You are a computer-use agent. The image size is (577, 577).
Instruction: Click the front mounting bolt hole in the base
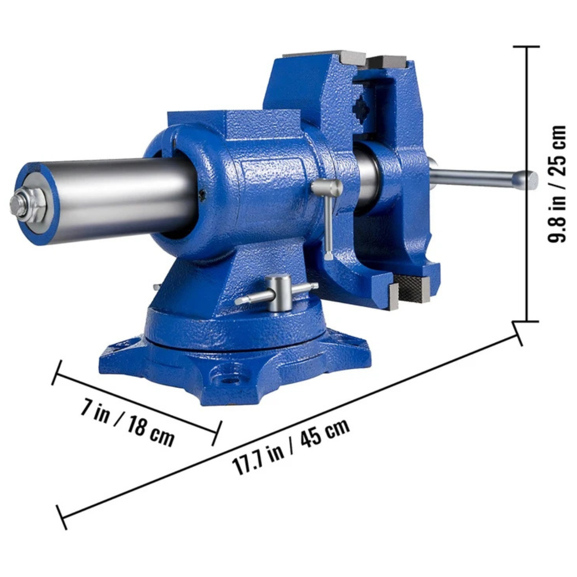229,380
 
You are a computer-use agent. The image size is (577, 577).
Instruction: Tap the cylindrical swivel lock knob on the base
279,293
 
